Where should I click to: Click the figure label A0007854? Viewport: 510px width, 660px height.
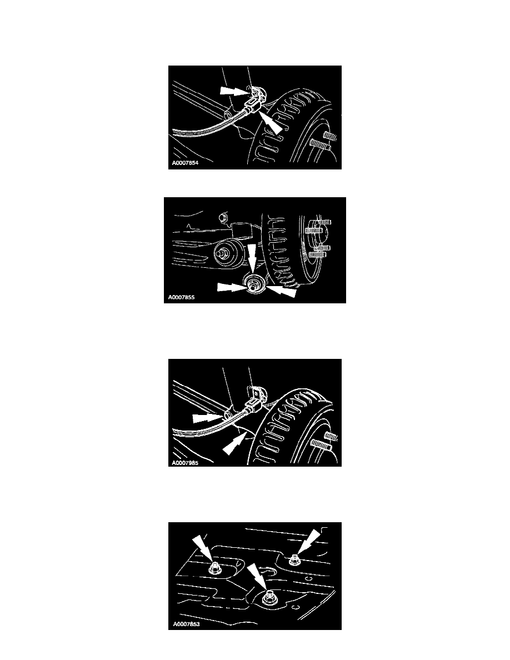click(185, 163)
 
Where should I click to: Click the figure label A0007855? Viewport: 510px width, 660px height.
click(181, 297)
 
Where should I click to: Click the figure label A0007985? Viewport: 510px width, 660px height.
click(185, 463)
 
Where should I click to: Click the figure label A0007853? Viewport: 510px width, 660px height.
click(186, 624)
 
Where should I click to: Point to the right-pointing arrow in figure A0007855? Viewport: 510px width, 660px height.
click(231, 288)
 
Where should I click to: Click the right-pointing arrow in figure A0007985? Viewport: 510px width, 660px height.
click(207, 418)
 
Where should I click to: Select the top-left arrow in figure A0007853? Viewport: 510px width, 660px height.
click(203, 549)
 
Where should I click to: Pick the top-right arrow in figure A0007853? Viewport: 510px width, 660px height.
click(308, 542)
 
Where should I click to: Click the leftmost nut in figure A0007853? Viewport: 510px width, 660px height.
click(214, 569)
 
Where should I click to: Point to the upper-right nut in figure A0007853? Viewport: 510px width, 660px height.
click(294, 560)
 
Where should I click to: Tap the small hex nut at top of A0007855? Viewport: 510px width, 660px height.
click(224, 218)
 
